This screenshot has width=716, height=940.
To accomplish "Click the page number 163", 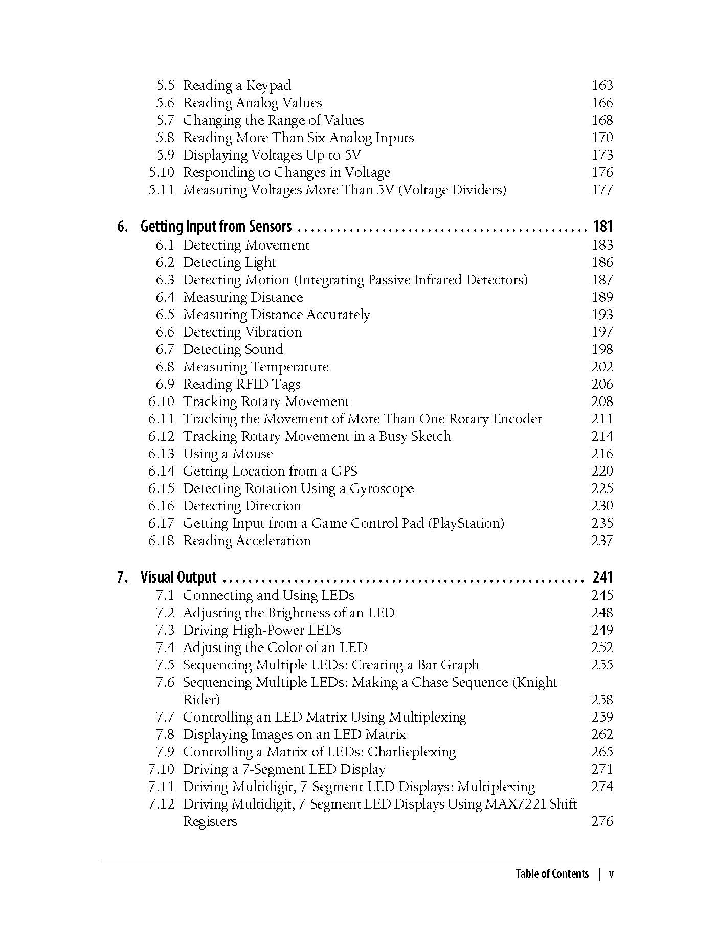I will point(602,85).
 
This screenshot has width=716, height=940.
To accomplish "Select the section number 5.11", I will point(162,190).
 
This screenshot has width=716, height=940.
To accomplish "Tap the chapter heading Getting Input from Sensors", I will point(216,226).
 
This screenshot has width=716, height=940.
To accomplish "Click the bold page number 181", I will point(602,226).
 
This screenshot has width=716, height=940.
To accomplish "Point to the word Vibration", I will point(272,332).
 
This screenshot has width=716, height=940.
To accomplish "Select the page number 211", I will point(602,419).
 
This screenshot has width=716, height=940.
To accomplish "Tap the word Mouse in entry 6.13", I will point(253,454).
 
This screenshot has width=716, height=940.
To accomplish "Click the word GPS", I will point(344,471).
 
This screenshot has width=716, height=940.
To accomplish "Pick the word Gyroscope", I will point(382,489).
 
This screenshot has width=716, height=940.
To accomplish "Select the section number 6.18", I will point(162,541).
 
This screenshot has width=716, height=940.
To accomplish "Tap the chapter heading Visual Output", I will point(178,577).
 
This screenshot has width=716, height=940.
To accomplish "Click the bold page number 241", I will point(602,577).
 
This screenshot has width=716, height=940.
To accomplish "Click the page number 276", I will point(602,821).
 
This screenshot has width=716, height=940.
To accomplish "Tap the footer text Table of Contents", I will point(552,874).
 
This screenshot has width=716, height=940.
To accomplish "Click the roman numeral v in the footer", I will point(611,874).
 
